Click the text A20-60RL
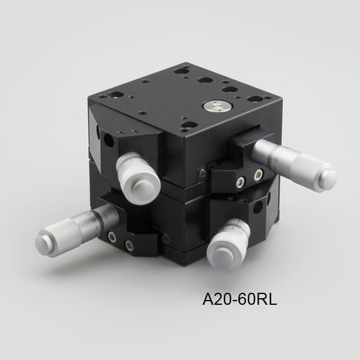(239, 299)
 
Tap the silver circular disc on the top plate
(218, 106)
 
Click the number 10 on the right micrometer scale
(276, 160)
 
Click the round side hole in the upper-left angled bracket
(109, 140)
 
